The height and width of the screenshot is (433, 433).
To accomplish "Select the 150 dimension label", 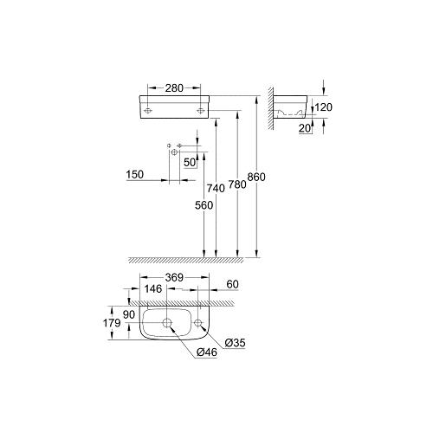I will (x=134, y=174).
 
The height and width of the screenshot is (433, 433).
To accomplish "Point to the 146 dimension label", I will (x=153, y=290).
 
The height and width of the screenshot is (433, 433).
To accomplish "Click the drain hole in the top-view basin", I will (x=167, y=324).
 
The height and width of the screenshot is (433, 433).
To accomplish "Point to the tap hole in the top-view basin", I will (x=198, y=324).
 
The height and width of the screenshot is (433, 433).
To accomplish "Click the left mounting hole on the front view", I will (x=148, y=111).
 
